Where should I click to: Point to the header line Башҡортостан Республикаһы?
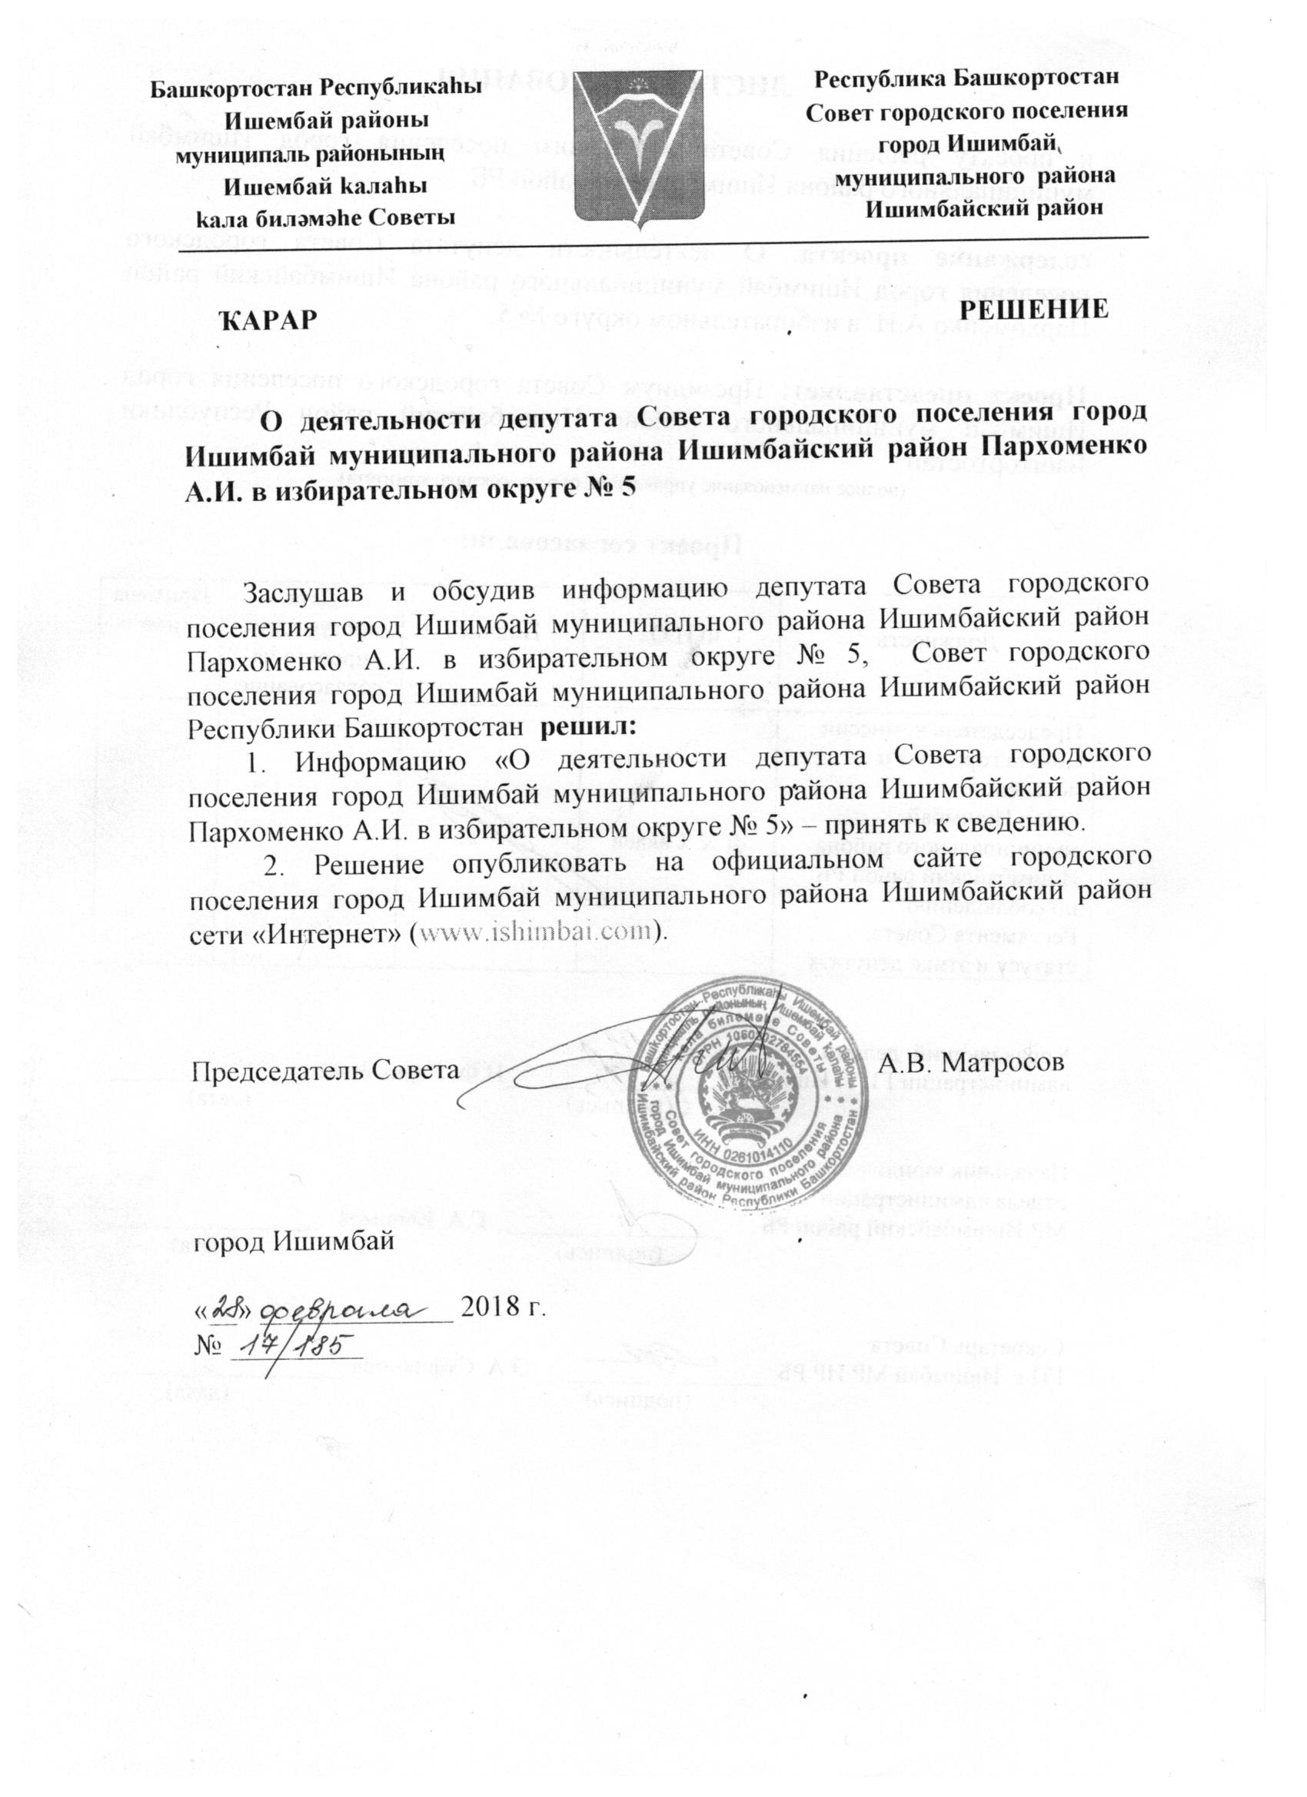316,87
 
